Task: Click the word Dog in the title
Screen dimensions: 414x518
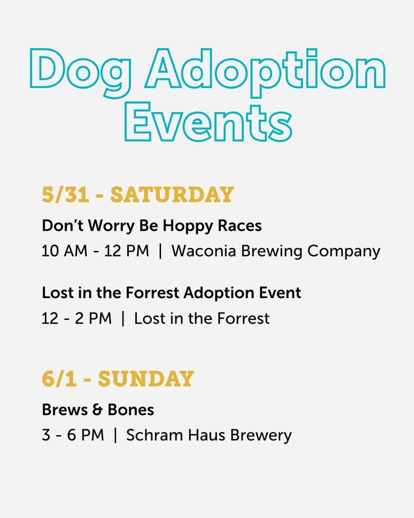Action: click(x=81, y=73)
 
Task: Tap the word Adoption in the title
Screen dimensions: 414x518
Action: click(x=265, y=73)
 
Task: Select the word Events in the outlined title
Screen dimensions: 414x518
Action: click(x=208, y=122)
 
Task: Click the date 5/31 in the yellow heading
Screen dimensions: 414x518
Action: click(x=66, y=195)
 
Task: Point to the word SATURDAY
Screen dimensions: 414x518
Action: click(x=172, y=195)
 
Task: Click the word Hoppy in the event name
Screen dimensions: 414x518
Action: click(x=188, y=227)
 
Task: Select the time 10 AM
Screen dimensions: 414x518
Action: click(x=64, y=251)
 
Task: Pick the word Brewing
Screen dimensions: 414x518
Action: click(x=271, y=252)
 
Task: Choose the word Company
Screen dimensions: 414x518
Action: click(x=344, y=252)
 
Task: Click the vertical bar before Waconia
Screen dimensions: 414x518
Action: click(x=160, y=252)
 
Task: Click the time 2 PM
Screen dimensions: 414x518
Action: click(x=93, y=318)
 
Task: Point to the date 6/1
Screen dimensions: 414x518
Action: click(x=59, y=379)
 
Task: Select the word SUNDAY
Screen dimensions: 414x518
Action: click(x=146, y=379)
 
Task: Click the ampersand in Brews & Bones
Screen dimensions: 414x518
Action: click(x=97, y=410)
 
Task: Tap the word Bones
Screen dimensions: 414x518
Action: click(x=131, y=410)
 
